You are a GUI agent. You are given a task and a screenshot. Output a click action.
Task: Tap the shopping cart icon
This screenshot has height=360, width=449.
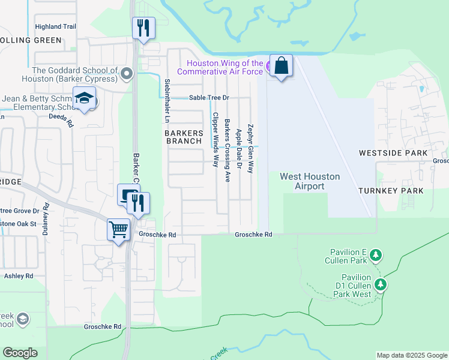click(x=118, y=229)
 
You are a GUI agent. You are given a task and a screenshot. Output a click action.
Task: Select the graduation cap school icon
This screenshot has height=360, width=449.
click(x=84, y=99)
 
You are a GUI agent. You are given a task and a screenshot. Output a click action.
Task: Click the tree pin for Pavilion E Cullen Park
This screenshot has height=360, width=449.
click(x=376, y=256)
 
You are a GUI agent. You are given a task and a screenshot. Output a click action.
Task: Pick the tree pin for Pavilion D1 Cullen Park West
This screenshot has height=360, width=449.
click(x=379, y=284)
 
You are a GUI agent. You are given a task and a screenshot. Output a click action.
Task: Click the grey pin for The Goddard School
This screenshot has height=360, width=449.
click(x=126, y=74)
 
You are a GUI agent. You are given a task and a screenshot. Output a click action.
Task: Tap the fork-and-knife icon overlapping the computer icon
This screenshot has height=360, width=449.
click(x=139, y=203)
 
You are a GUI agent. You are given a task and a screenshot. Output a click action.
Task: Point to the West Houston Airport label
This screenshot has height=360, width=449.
click(x=310, y=181)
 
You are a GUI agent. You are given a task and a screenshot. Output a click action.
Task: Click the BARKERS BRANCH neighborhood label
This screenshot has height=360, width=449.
click(x=184, y=137)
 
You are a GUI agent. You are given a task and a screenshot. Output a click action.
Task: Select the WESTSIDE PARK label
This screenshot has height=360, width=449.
click(x=393, y=153)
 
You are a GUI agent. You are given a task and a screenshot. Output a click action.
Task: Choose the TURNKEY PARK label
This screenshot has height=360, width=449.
click(x=391, y=191)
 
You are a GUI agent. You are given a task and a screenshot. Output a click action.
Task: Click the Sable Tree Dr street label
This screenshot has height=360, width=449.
click(x=209, y=98)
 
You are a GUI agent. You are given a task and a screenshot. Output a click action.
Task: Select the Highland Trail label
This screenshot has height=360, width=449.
click(x=56, y=27)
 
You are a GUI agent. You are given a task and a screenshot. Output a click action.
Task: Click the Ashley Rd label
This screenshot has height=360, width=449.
click(x=19, y=276)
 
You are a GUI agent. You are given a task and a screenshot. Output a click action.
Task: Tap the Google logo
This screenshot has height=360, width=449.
click(x=20, y=353)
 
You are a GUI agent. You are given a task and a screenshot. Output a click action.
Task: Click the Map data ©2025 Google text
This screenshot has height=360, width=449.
click(x=412, y=355)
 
